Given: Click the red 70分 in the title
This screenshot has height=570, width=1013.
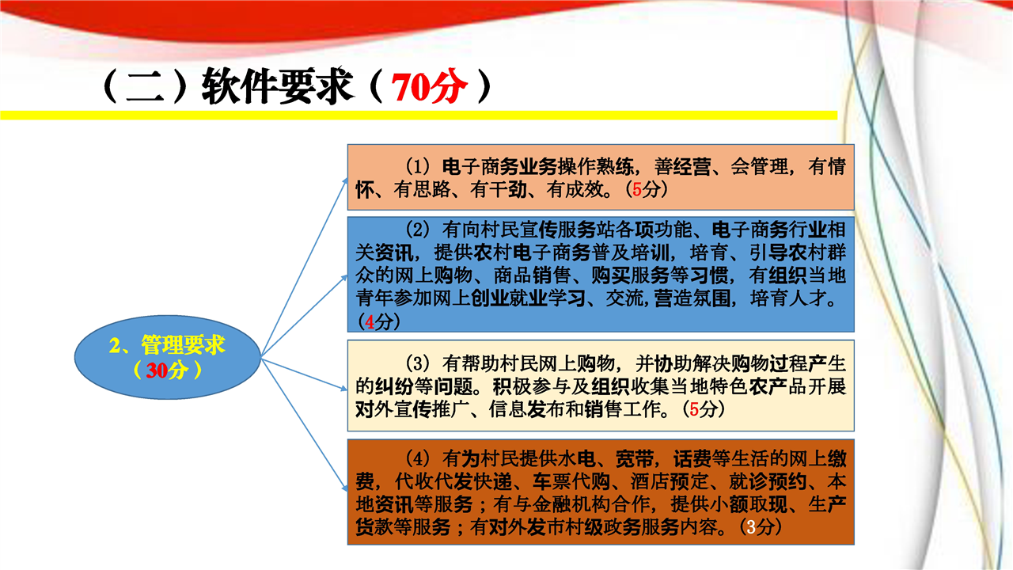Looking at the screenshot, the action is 429,86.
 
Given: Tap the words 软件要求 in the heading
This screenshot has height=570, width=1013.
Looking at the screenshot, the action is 277,86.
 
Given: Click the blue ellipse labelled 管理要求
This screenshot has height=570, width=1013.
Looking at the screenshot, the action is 168,357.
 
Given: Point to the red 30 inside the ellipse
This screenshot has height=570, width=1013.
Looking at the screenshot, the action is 157,370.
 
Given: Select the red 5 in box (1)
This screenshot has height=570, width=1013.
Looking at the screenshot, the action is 637,189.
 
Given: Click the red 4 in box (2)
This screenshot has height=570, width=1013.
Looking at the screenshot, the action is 370,322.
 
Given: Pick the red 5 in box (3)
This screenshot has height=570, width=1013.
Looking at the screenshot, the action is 694,409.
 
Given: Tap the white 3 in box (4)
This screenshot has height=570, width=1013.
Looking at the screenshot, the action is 751,526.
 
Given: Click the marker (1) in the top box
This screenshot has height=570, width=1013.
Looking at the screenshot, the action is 417,166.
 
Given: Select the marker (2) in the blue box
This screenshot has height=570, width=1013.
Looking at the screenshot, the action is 417,230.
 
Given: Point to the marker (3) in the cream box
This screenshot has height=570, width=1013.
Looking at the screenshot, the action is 417,363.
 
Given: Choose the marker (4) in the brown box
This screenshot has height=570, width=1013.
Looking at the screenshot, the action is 417,458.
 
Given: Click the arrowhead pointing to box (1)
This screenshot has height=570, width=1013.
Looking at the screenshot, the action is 345,181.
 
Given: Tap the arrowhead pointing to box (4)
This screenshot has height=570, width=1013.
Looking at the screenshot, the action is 345,488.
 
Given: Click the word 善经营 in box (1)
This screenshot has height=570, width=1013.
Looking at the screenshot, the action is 682,167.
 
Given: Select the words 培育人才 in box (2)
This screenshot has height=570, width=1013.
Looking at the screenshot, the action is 788,298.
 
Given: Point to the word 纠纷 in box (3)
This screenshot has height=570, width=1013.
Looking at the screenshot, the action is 393,386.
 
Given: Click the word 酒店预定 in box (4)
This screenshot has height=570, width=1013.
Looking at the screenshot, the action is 669,482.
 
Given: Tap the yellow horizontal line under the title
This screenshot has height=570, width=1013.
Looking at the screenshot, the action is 419,116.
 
